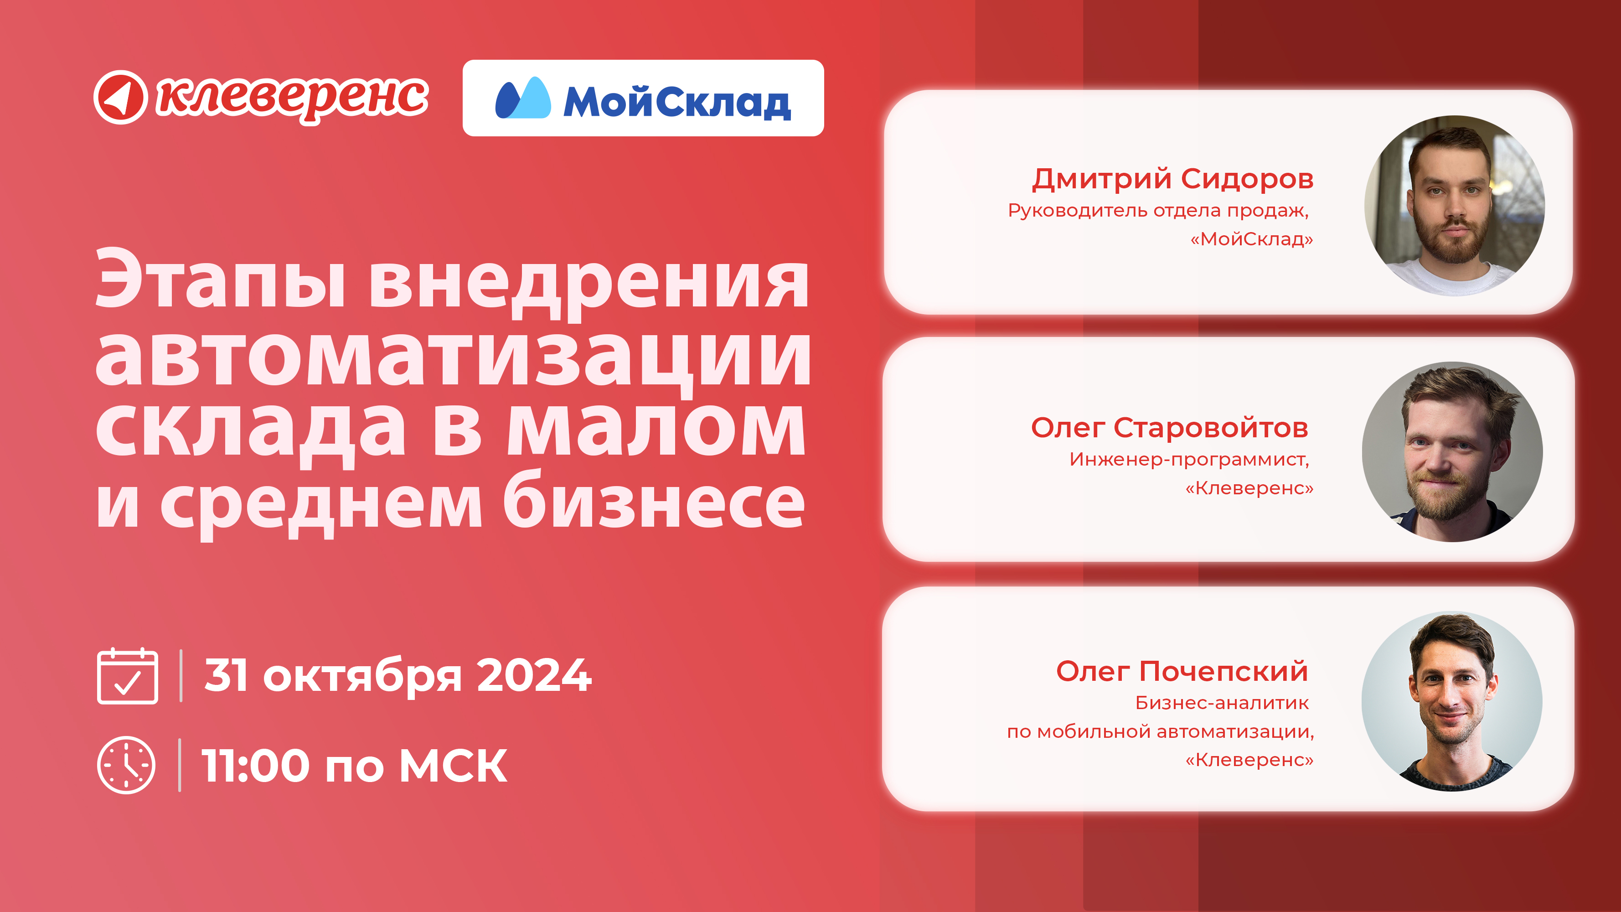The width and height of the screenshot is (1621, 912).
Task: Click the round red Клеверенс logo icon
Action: (x=120, y=97)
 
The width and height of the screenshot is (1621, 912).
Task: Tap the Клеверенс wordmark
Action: (x=293, y=99)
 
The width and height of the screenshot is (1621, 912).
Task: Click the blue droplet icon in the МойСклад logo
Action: (x=523, y=98)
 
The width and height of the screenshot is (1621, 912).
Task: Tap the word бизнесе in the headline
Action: (x=654, y=500)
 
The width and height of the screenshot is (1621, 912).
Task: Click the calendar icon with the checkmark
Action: (x=127, y=675)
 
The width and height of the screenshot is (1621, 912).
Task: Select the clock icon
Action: (x=126, y=765)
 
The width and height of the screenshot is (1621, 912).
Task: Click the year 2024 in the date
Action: (x=534, y=675)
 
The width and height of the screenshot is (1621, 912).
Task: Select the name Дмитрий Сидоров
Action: (x=1172, y=179)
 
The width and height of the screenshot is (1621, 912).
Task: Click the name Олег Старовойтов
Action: (x=1170, y=428)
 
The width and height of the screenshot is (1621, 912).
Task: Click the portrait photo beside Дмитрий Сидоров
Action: (x=1454, y=205)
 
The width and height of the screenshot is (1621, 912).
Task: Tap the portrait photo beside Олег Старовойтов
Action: (x=1452, y=451)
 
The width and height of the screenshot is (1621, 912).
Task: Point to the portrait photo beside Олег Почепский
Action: (x=1452, y=701)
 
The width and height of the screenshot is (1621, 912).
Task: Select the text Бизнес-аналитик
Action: (x=1222, y=703)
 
